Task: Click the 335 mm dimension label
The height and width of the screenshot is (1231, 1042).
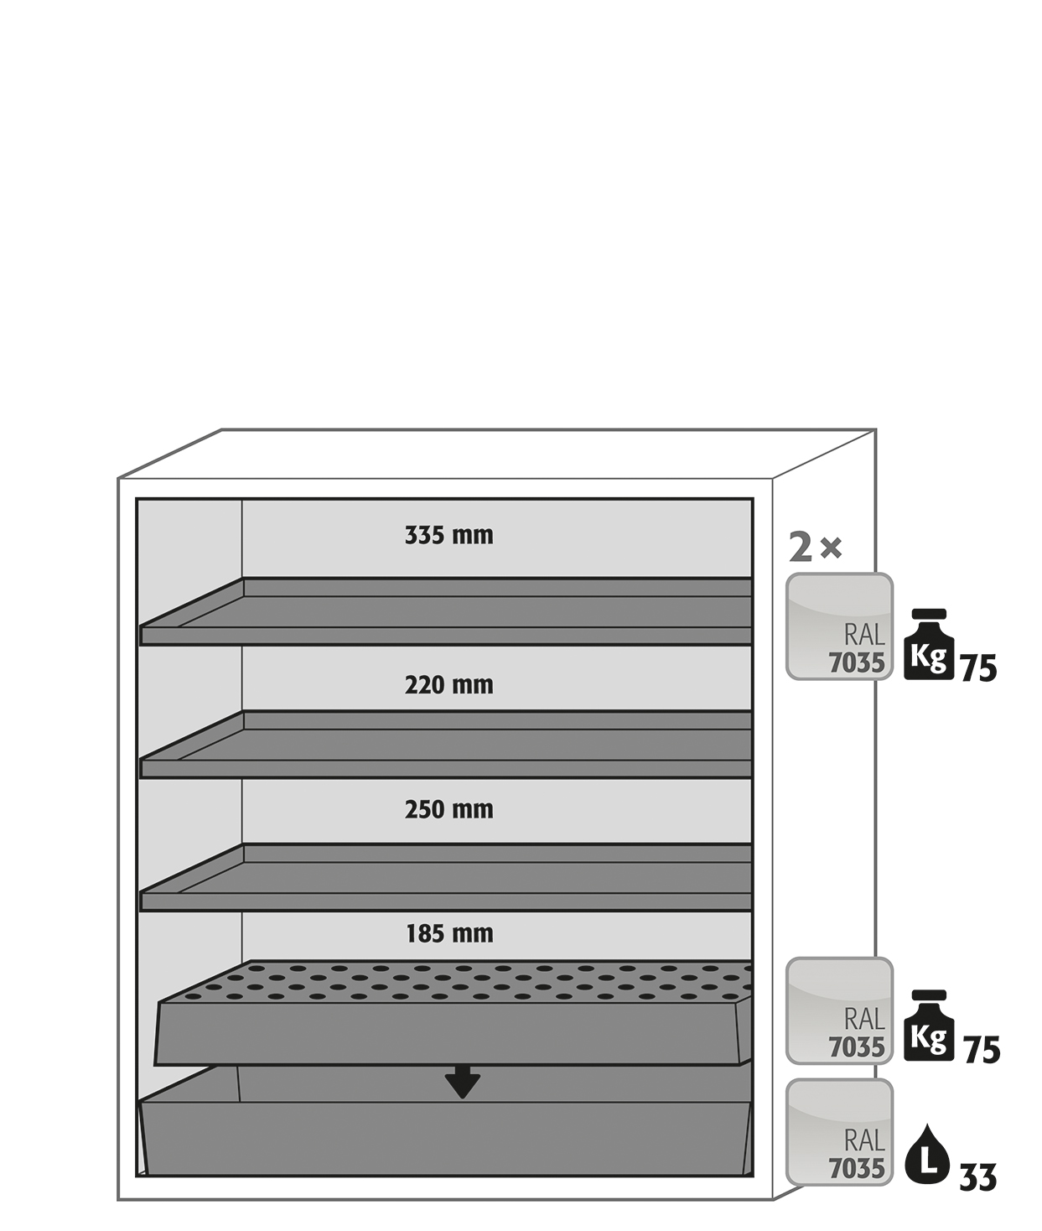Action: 449,535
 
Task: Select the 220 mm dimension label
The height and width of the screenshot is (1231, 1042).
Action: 449,685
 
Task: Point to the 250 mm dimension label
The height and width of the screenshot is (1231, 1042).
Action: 449,809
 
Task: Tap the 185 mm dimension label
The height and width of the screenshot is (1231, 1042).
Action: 449,933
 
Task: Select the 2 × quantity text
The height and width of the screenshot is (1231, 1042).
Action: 815,548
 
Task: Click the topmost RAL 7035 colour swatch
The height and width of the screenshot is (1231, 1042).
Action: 840,626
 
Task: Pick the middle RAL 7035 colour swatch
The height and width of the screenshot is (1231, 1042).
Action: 840,1010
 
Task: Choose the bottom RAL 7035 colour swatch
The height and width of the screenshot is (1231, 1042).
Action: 840,1132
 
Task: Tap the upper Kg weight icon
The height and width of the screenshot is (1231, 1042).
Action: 929,644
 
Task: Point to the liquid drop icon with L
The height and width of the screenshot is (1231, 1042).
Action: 928,1154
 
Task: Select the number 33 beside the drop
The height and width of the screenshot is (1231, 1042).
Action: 977,1177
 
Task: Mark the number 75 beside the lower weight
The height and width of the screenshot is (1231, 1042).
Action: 982,1049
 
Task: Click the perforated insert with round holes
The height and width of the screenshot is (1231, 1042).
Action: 454,1012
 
